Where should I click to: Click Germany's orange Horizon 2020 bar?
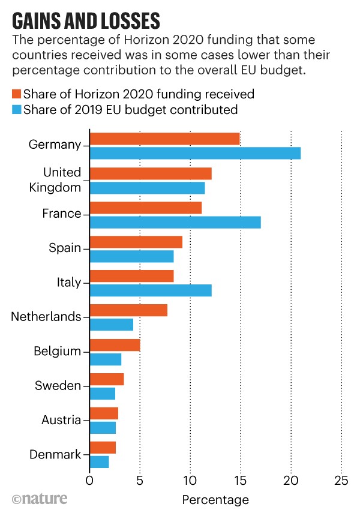(164, 139)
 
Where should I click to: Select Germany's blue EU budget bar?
(194, 153)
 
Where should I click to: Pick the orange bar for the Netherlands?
(128, 310)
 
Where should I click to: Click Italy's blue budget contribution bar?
(150, 291)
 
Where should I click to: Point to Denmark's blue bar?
(99, 462)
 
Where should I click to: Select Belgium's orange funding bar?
(115, 345)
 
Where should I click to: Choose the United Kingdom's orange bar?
(150, 173)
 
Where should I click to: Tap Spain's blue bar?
(131, 257)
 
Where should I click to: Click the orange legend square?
(16, 94)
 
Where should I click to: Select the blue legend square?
(16, 110)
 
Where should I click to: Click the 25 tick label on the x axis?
(341, 481)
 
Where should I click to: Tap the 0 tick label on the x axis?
(89, 481)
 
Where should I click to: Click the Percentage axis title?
(215, 500)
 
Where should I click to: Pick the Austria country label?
(61, 420)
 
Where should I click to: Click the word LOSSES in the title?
(125, 22)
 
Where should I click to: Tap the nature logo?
(39, 499)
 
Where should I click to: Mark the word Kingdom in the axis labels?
(55, 187)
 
